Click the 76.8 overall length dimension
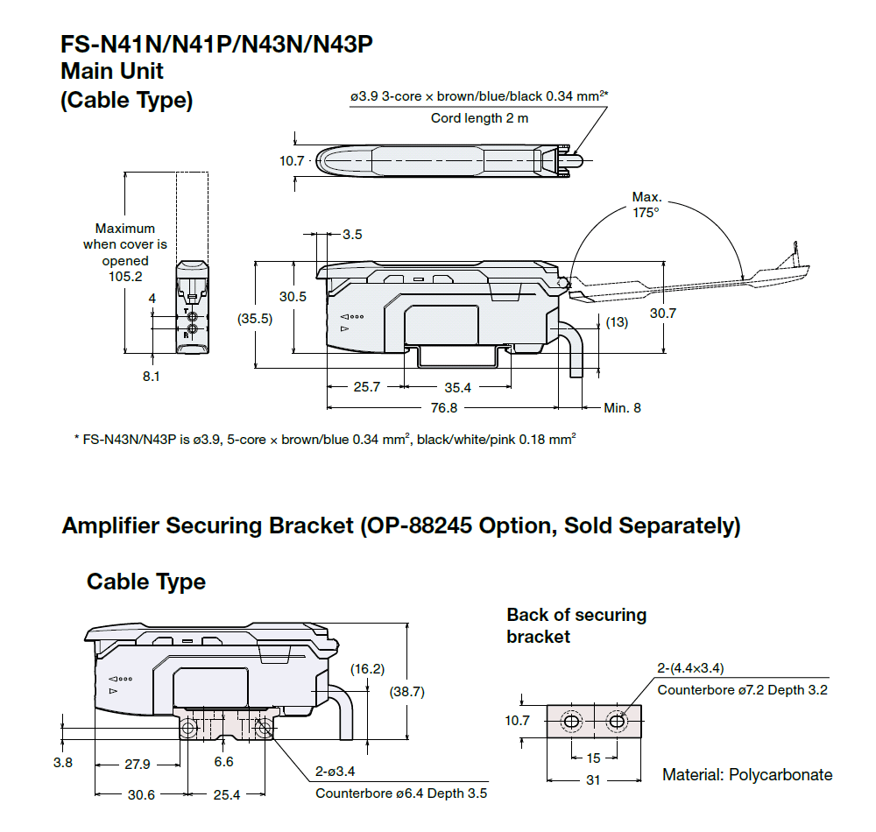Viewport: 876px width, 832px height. pos(444,408)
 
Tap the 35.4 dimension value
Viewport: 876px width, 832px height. pos(457,387)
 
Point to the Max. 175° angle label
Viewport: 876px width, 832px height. pos(646,204)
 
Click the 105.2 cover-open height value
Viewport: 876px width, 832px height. pos(124,277)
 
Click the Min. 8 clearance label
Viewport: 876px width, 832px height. pos(622,408)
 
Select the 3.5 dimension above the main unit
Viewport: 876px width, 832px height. pos(352,235)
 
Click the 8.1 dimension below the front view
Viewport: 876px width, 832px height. pos(152,377)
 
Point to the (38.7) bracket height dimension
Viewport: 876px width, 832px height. pos(407,691)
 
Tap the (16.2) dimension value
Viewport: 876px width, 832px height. pos(367,669)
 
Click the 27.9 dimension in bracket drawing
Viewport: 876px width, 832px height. pos(138,764)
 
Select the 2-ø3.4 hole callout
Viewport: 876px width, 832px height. pos(334,772)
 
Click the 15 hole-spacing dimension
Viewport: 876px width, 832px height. pos(594,758)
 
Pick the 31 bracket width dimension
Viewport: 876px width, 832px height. pos(593,779)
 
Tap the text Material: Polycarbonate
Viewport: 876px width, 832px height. pos(747,775)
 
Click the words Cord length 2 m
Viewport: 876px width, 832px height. pos(479,118)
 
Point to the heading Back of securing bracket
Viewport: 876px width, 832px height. pos(576,625)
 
